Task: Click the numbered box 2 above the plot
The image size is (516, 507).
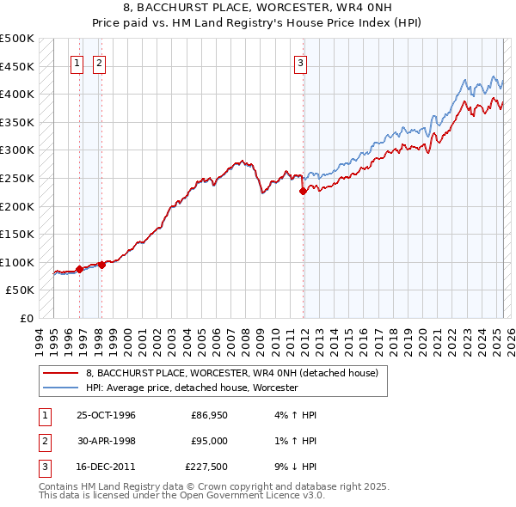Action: click(x=100, y=63)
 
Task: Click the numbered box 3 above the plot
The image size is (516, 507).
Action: click(x=301, y=63)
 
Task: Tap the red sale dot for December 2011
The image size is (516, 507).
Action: click(x=303, y=192)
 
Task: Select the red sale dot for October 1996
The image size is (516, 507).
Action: click(x=79, y=269)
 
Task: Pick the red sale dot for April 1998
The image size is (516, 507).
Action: click(x=101, y=265)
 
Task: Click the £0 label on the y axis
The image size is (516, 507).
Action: click(x=26, y=318)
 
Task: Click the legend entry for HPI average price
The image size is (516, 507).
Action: click(x=191, y=388)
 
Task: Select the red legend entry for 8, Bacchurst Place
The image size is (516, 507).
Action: click(x=237, y=373)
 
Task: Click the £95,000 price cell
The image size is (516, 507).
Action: click(x=208, y=442)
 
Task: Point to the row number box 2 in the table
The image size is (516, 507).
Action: click(x=43, y=442)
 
